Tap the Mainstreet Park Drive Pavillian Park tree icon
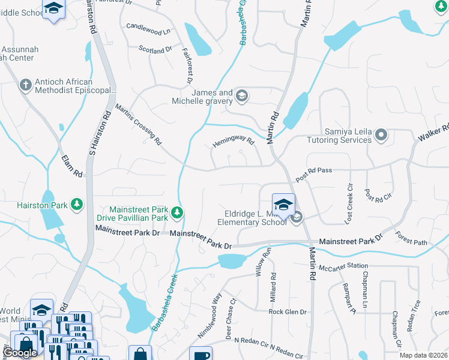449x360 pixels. (177, 212)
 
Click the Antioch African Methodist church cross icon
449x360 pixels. (25, 85)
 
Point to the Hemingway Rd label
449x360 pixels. (234, 143)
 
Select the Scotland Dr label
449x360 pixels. (155, 50)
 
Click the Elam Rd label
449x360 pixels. (71, 166)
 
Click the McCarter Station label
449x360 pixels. (343, 267)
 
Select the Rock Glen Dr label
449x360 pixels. (288, 312)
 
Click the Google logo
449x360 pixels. (20, 352)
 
